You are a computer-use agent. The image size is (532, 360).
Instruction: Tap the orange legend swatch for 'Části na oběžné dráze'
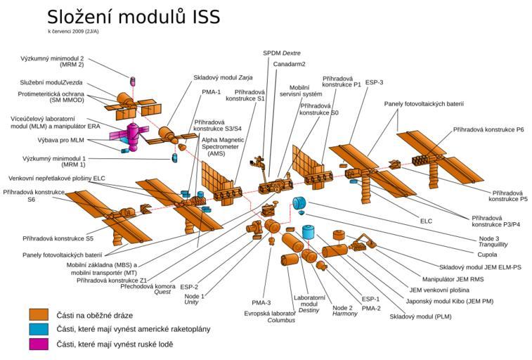[39, 314]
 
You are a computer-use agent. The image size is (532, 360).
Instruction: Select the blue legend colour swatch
[39, 329]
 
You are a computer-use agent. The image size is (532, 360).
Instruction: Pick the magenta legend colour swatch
[39, 344]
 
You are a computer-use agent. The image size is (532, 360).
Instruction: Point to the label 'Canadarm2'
[289, 64]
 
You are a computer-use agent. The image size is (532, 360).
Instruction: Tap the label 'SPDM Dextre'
[281, 53]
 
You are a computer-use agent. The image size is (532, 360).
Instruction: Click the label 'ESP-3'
[373, 82]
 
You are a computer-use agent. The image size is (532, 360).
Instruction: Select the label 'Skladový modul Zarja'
[219, 78]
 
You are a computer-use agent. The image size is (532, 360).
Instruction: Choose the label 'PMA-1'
[212, 91]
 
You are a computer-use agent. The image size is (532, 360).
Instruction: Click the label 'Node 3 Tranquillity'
[479, 241]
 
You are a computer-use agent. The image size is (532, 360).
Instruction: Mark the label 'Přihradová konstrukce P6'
[488, 129]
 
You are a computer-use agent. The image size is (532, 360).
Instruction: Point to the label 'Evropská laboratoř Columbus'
[269, 316]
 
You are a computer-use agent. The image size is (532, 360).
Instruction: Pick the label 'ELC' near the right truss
[426, 221]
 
